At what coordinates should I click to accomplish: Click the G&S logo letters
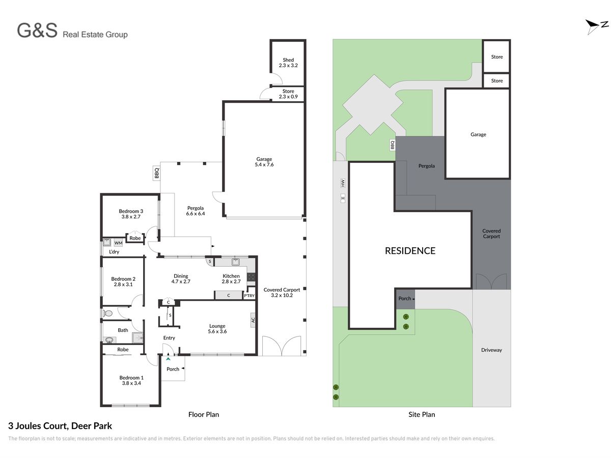pyautogui.click(x=37, y=31)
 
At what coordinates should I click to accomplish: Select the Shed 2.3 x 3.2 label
pyautogui.click(x=288, y=63)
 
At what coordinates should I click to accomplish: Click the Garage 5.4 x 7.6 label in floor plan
pyautogui.click(x=264, y=161)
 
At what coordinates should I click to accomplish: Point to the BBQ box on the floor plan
pyautogui.click(x=156, y=173)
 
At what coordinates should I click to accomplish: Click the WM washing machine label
pyautogui.click(x=118, y=243)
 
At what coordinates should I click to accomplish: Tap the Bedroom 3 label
pyautogui.click(x=130, y=211)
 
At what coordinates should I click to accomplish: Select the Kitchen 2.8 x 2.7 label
pyautogui.click(x=231, y=278)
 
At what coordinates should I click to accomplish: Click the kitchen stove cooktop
pyautogui.click(x=251, y=277)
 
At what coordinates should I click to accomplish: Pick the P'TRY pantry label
pyautogui.click(x=249, y=296)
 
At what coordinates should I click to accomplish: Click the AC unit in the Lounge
pyautogui.click(x=253, y=320)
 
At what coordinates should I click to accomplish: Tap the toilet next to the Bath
pyautogui.click(x=107, y=313)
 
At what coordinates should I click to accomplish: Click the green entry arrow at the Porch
pyautogui.click(x=168, y=359)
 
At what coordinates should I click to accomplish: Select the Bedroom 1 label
pyautogui.click(x=131, y=378)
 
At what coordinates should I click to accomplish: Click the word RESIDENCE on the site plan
pyautogui.click(x=409, y=250)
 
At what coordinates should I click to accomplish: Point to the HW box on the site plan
pyautogui.click(x=342, y=183)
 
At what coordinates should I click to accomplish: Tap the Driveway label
pyautogui.click(x=491, y=350)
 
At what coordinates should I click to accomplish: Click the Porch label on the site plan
pyautogui.click(x=404, y=298)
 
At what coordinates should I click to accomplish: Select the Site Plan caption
pyautogui.click(x=421, y=414)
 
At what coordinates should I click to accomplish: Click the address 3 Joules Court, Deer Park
pyautogui.click(x=60, y=426)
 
